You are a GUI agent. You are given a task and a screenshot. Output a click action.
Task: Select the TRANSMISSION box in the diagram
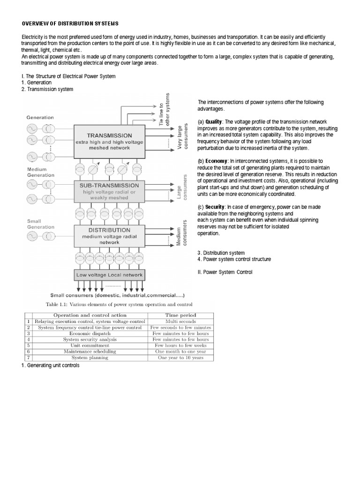coord(108,140)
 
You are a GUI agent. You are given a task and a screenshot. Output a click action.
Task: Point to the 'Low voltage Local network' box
coord(108,275)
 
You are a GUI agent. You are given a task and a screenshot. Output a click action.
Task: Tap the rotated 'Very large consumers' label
coord(182,137)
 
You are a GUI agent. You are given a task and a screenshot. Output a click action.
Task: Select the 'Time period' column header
coord(180,315)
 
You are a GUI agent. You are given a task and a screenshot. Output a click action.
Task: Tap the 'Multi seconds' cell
coord(180,322)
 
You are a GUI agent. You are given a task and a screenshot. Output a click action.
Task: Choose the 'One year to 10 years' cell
coord(180,357)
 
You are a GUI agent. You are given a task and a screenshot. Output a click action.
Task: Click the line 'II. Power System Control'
coord(225,272)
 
